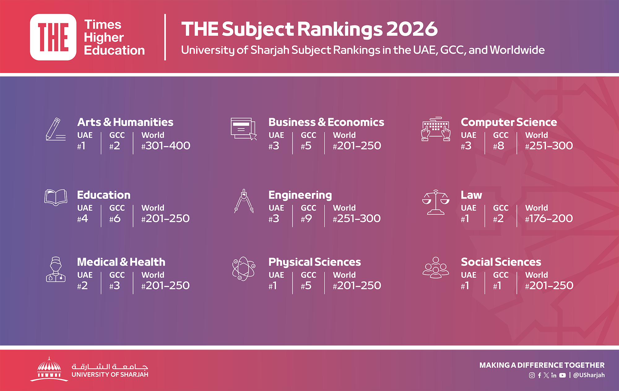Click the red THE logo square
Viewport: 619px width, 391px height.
(53, 37)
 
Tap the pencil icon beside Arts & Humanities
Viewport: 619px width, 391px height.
(56, 129)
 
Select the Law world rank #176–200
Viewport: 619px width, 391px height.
(549, 219)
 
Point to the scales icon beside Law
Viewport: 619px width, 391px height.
(436, 202)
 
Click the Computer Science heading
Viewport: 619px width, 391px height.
(509, 122)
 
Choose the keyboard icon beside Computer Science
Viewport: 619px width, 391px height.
(436, 129)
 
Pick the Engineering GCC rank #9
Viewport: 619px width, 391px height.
(306, 219)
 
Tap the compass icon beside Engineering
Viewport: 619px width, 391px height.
(244, 201)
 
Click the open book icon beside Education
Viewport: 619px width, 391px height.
(56, 198)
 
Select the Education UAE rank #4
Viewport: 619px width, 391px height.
(83, 219)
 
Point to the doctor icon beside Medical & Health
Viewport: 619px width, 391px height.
(56, 269)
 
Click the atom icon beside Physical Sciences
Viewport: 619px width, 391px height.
(244, 269)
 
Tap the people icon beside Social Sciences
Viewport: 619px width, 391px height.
(436, 267)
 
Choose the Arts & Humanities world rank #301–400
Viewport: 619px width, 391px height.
(166, 146)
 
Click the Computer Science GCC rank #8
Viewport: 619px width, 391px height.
(499, 146)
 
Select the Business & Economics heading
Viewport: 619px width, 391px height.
(326, 122)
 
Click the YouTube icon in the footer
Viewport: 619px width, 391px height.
(562, 375)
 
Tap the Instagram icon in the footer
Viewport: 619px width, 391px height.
(532, 375)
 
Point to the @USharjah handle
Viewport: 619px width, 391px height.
(589, 375)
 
